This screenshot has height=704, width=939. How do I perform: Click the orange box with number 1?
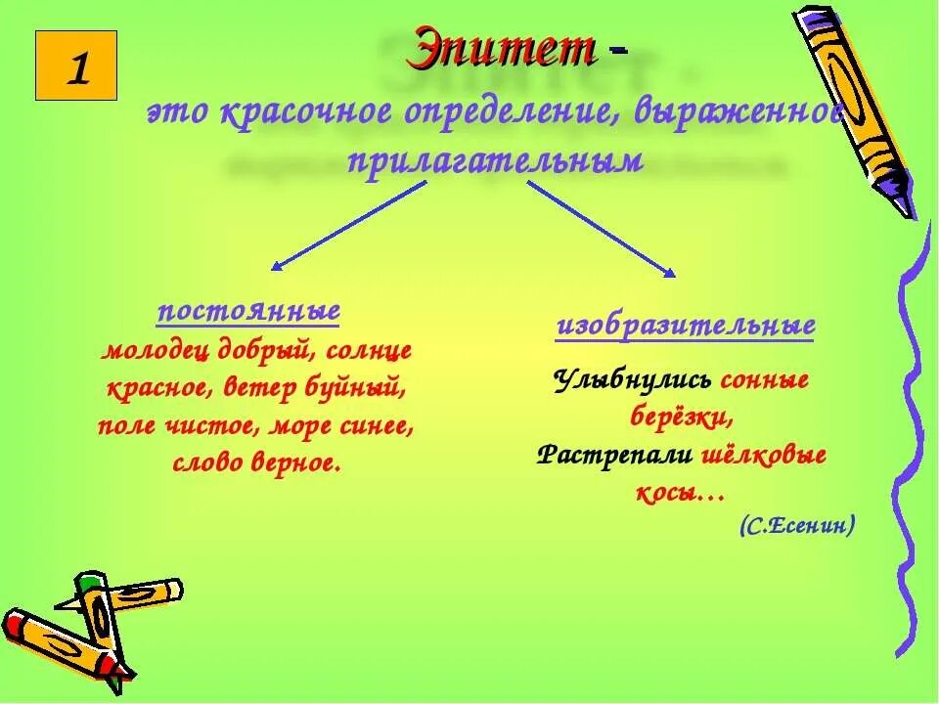point(75,66)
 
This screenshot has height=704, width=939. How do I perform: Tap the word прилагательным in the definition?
point(496,160)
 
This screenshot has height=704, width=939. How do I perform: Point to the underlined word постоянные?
point(248,312)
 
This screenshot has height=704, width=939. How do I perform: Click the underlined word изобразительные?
point(686,326)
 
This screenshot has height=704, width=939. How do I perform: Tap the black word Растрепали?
point(615,456)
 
